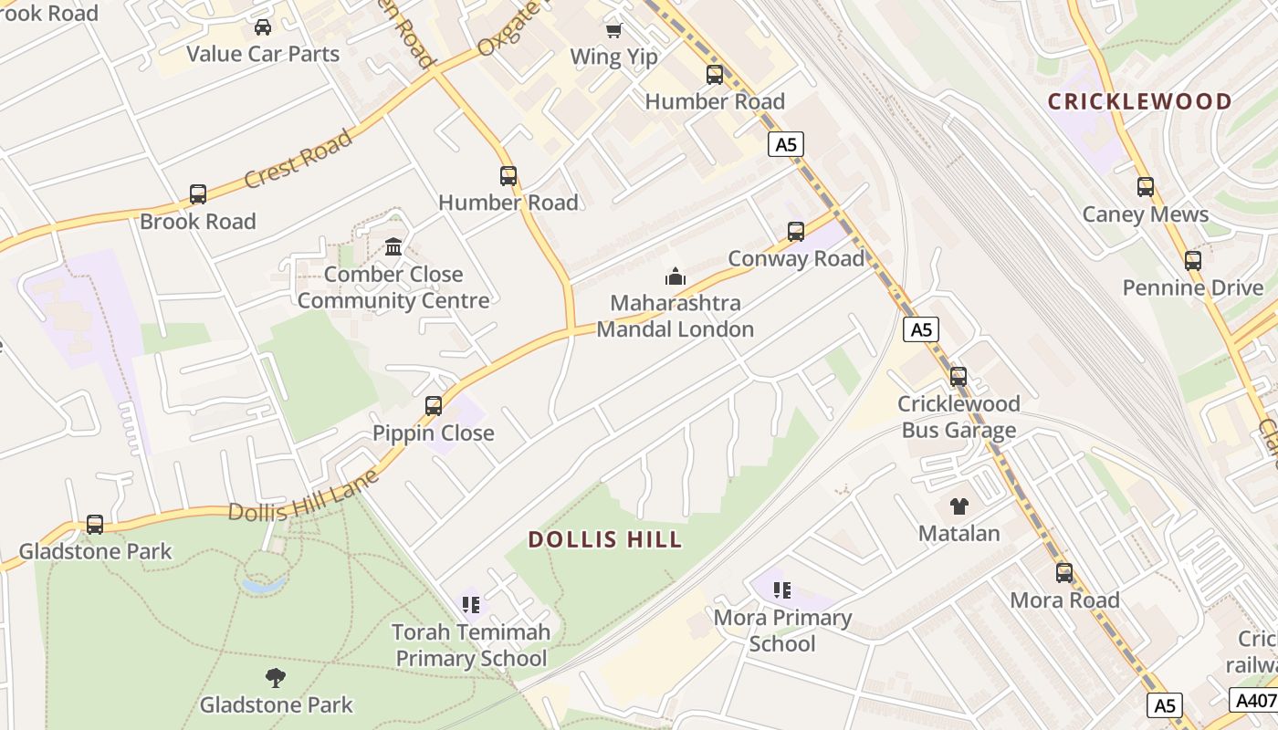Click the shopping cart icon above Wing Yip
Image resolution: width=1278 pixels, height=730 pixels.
click(x=614, y=30)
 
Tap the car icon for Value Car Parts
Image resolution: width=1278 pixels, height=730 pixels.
click(x=263, y=27)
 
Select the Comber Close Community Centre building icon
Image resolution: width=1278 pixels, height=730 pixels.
click(x=393, y=247)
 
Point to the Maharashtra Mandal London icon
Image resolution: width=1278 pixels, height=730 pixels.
click(x=676, y=276)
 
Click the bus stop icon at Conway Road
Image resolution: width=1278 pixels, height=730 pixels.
click(x=796, y=232)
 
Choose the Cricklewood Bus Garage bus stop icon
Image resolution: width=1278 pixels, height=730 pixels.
click(x=958, y=377)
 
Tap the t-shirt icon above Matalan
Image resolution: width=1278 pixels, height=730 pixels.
click(x=958, y=506)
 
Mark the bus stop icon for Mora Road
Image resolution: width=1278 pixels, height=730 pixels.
click(x=1064, y=573)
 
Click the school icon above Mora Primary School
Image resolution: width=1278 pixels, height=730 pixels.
click(x=782, y=590)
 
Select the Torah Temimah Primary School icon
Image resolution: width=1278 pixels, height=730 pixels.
click(x=471, y=604)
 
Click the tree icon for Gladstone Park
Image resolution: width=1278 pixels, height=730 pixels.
click(x=276, y=677)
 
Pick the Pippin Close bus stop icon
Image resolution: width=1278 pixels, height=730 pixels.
click(x=434, y=406)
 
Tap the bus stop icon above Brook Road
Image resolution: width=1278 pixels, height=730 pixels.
click(x=198, y=194)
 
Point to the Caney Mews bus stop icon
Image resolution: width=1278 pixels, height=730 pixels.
click(x=1146, y=187)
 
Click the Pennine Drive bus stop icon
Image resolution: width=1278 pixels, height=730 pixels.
click(x=1193, y=261)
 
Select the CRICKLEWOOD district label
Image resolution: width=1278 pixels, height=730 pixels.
click(x=1139, y=101)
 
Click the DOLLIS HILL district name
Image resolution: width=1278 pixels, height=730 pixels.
click(x=605, y=539)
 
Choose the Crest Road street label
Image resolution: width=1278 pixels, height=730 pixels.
click(x=298, y=159)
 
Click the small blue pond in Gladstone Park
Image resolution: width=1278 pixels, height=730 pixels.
click(x=264, y=583)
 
